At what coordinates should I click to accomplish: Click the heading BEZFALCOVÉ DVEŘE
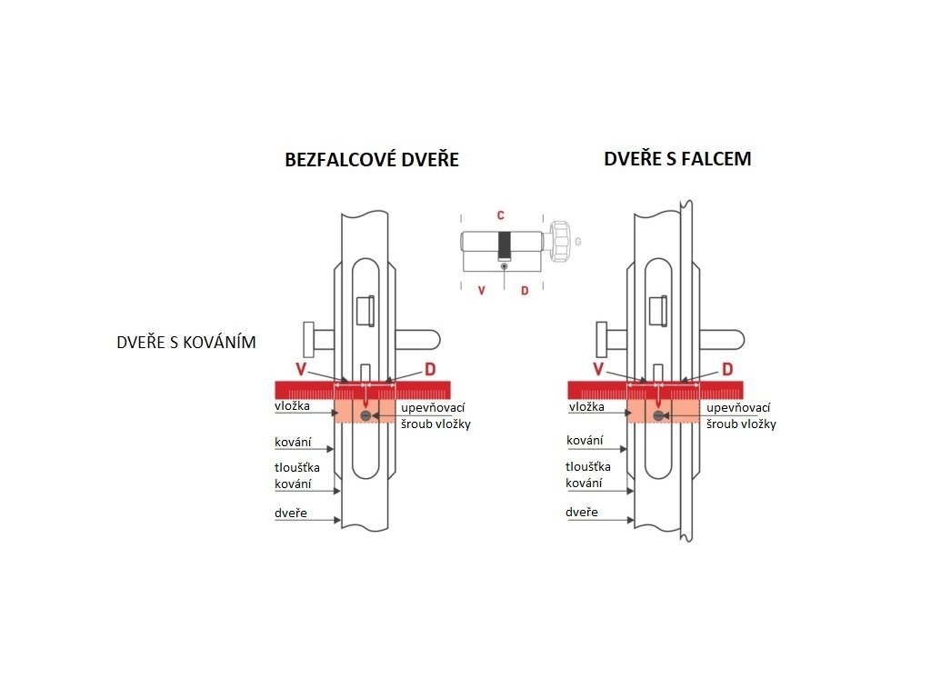point(372,160)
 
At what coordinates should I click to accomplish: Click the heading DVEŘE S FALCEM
point(677,159)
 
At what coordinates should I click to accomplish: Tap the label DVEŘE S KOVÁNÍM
point(186,343)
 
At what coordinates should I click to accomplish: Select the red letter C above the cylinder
point(500,216)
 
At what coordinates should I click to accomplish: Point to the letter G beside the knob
point(577,243)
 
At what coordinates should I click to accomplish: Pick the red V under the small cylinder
point(481,291)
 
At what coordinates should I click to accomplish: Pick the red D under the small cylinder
point(524,291)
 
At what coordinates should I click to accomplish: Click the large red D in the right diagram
point(726,369)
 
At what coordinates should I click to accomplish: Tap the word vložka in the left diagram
point(293,406)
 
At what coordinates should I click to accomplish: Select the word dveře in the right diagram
point(582,513)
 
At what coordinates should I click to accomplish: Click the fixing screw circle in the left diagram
point(365,415)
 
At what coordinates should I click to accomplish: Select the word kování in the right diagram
point(585,441)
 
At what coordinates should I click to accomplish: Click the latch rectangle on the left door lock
point(365,310)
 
